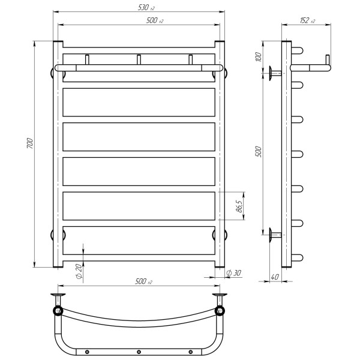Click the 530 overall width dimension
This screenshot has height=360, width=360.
(146, 8)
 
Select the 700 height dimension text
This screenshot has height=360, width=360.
(30, 143)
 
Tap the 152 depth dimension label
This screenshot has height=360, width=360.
(307, 20)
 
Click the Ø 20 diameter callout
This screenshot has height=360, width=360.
(79, 271)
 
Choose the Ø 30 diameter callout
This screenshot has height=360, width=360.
(233, 273)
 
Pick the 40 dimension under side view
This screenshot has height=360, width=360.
(275, 277)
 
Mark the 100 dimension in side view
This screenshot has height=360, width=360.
(259, 57)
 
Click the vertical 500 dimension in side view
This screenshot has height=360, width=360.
(258, 151)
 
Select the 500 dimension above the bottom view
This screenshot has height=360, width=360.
(143, 281)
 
